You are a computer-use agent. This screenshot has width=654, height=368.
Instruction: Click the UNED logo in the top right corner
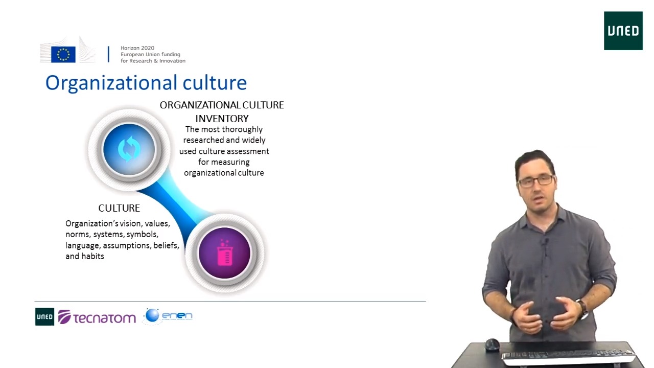pos(623,31)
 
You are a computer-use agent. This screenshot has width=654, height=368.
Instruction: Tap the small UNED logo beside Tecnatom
pos(44,316)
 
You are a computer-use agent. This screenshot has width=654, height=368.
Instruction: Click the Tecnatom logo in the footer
pos(97,317)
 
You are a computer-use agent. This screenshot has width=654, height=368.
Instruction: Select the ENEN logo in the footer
pos(168,316)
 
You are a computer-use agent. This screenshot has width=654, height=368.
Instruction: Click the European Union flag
pos(63,54)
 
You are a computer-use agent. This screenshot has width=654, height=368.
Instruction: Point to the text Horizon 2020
pos(137,48)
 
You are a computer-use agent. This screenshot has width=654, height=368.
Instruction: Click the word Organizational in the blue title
pos(111,83)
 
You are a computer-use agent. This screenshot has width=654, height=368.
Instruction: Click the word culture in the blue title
pos(215,83)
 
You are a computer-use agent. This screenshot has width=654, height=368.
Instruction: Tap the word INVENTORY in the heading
pos(222,119)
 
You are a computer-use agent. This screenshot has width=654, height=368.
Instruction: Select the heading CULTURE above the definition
pos(119,208)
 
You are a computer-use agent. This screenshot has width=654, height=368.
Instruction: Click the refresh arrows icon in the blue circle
pos(129,149)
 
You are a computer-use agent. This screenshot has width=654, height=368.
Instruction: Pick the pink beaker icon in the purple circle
pos(224,252)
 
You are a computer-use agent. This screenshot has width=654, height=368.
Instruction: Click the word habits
pos(93,256)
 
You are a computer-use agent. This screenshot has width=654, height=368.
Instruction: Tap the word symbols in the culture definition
pos(142,235)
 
